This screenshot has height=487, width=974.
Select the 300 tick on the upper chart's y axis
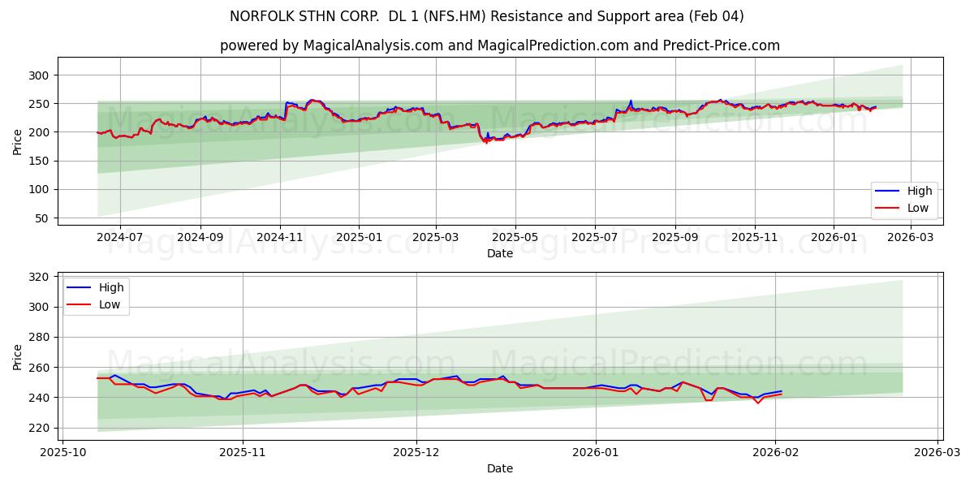pos(39,75)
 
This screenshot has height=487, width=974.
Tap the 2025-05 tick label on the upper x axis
pos(515,238)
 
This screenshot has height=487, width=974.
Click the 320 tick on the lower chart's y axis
pos(39,277)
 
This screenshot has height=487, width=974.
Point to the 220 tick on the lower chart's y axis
pos(39,428)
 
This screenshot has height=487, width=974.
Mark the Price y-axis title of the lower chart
pos(18,356)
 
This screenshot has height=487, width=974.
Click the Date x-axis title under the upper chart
pos(500,253)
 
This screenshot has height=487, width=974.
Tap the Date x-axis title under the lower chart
pos(500,468)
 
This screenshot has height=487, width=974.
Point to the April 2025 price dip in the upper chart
pos(486,141)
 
